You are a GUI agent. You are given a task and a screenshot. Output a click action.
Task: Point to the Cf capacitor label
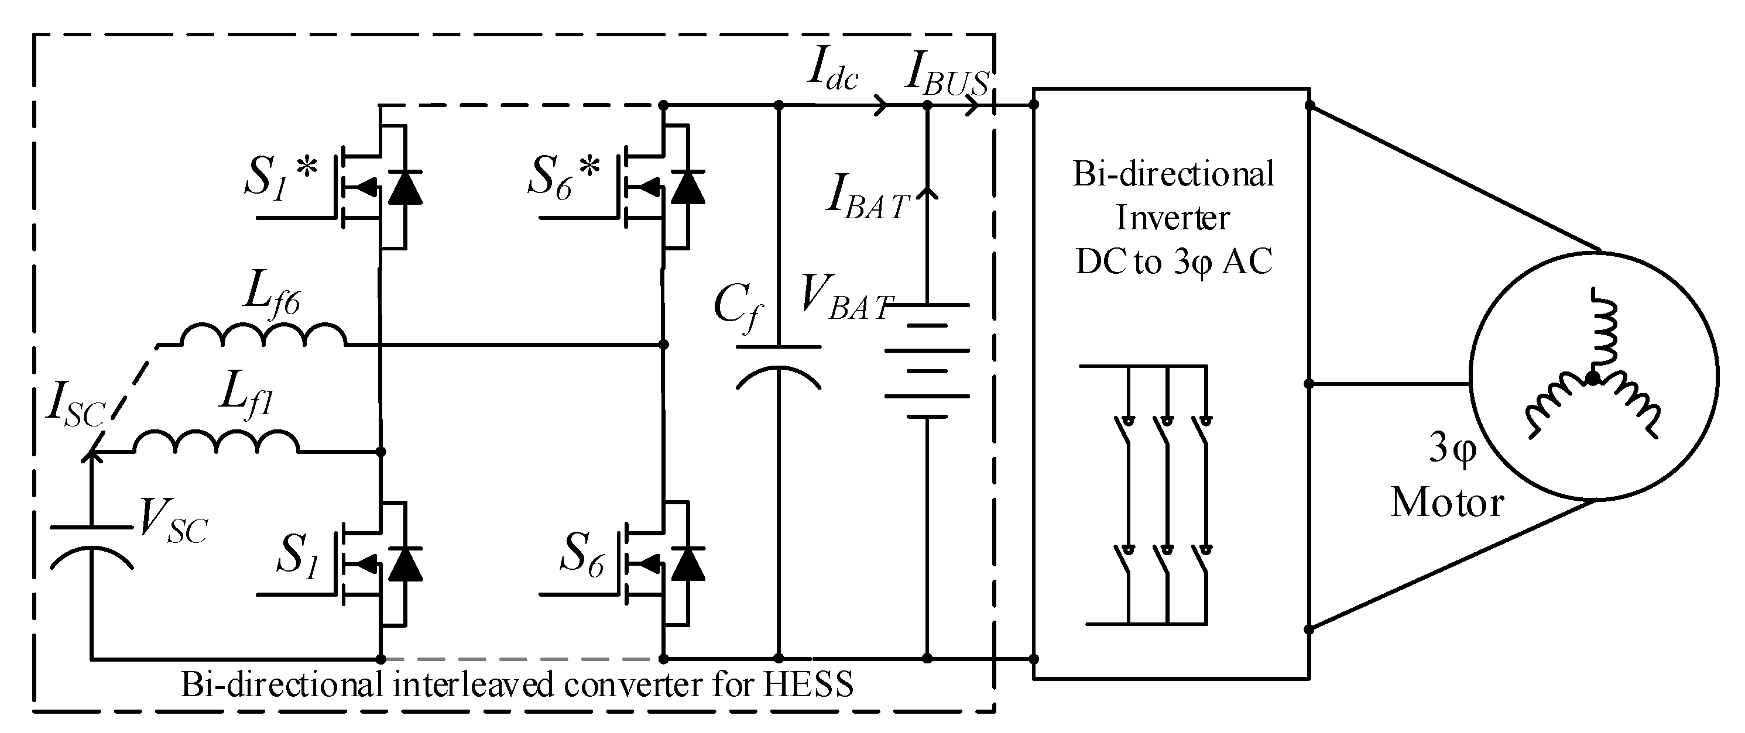tap(738, 308)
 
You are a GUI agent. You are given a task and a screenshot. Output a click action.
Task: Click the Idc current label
tap(832, 73)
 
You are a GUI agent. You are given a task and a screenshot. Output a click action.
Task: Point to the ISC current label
tap(74, 406)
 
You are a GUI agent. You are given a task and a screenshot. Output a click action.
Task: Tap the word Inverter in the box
tap(1172, 219)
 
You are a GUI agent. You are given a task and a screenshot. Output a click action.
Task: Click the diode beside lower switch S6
tap(688, 565)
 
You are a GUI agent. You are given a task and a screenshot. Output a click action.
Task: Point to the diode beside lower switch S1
tap(405, 565)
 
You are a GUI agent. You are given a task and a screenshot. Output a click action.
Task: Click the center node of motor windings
tap(1593, 378)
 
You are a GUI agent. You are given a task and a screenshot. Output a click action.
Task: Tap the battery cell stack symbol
tap(927, 361)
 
